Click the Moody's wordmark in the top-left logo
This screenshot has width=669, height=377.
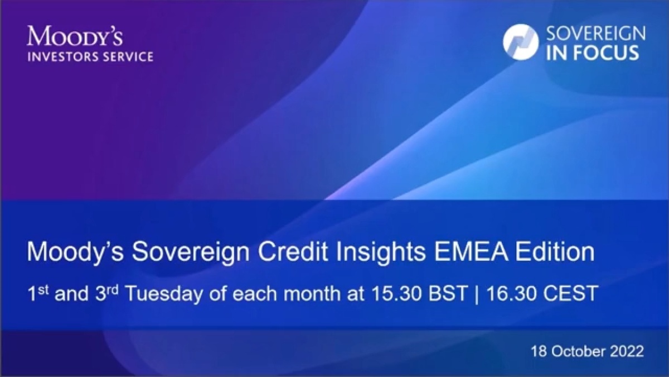pos(75,36)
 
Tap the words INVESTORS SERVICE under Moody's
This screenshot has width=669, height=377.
pos(90,56)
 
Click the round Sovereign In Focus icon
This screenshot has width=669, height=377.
pos(521,42)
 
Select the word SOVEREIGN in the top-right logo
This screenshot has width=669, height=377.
pos(596,34)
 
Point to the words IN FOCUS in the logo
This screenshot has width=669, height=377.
pos(593,53)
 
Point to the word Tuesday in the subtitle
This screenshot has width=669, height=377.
pos(164,294)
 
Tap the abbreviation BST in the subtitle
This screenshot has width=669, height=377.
pos(447,294)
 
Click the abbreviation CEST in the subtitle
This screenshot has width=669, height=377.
pos(570,294)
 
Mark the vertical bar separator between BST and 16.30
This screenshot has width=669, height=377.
pos(476,294)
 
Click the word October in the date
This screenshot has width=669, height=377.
pos(579,351)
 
